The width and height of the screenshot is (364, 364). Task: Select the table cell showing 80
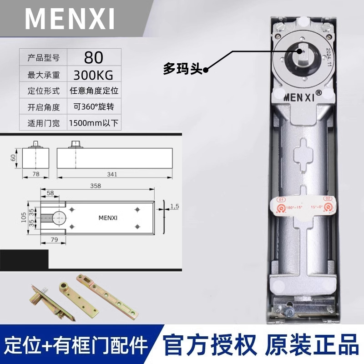coord(94,57)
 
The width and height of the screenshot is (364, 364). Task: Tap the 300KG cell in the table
coord(94,74)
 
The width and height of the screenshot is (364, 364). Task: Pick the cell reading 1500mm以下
coord(94,123)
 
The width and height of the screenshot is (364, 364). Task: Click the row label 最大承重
coord(44,74)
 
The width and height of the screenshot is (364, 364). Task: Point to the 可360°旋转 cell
coord(94,107)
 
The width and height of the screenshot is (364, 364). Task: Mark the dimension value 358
coord(96,186)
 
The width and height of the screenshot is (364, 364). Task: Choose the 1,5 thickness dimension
coord(174,207)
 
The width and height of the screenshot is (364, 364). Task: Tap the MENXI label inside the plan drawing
coord(108,217)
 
